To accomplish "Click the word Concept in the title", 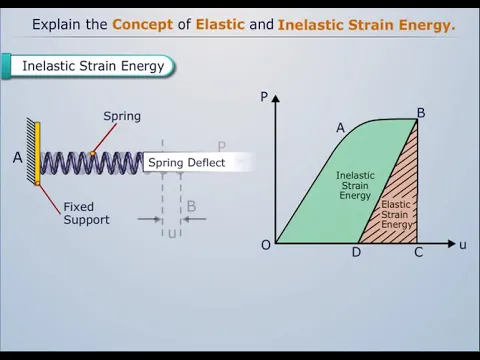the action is (142, 25).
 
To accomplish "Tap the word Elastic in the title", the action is (220, 24).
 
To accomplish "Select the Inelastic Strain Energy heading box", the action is (88, 66).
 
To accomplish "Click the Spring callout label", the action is (122, 117).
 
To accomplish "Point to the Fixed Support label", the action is (86, 213).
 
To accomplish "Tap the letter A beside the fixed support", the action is (18, 157).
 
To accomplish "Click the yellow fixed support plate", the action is (37, 153).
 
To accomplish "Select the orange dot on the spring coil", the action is (92, 154).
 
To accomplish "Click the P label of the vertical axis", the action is (264, 97).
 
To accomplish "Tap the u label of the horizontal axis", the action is (463, 245).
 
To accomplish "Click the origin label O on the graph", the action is (266, 245).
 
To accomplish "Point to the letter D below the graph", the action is (356, 252).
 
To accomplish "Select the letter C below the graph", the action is (419, 252).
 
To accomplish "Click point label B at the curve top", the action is (421, 113).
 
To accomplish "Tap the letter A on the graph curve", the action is (340, 128).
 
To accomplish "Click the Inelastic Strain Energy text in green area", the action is (355, 185).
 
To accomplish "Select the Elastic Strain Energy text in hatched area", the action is (396, 214).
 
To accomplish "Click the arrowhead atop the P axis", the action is (276, 98).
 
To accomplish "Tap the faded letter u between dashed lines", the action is (172, 234).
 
